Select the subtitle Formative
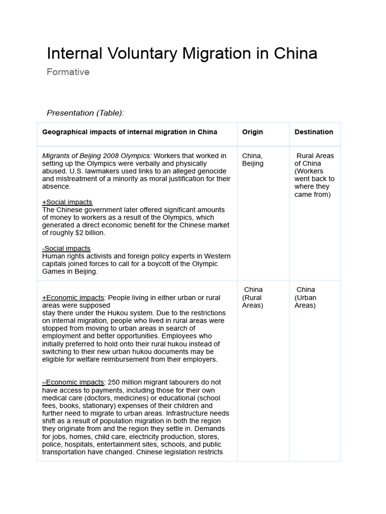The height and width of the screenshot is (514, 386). coord(68,72)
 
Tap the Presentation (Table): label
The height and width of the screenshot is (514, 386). coord(85,113)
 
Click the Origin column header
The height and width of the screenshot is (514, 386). coord(252,132)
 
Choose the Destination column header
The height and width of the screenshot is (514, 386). coord(314,132)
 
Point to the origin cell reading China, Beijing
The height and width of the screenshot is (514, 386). coord(252,160)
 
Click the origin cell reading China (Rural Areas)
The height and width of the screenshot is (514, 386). coord(253,297)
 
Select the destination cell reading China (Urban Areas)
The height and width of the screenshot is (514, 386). coord(305,297)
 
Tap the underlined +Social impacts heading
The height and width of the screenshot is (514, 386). coord(67,202)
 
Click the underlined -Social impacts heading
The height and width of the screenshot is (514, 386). coord(66,248)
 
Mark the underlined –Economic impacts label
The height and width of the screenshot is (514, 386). coord(73,382)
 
